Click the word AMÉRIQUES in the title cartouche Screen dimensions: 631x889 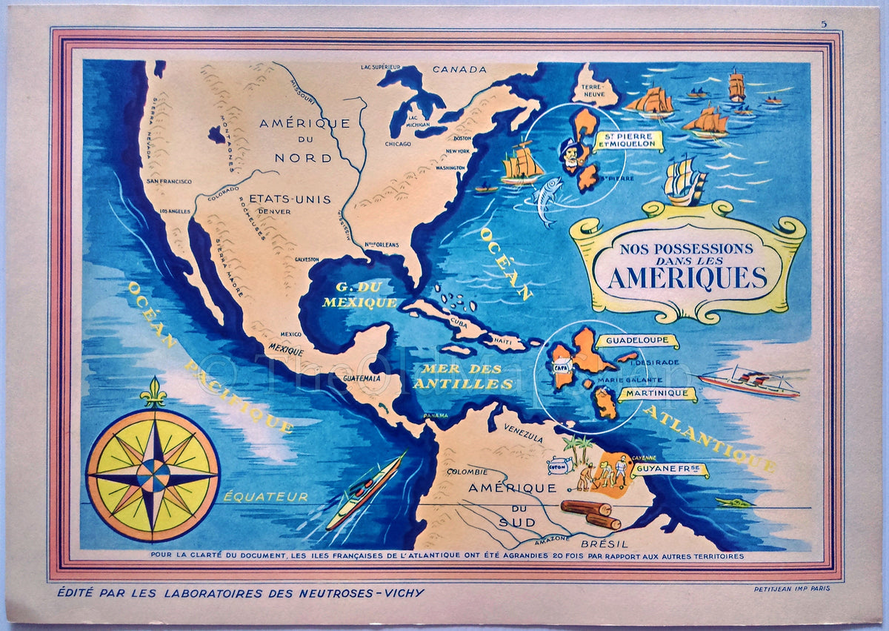click(687, 277)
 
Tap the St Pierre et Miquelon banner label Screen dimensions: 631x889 click(628, 141)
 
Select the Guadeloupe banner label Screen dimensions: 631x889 click(636, 341)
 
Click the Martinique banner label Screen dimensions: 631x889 click(657, 394)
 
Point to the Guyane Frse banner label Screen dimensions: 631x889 click(669, 470)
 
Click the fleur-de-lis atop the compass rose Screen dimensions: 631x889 click(153, 394)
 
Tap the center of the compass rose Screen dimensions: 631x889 click(153, 475)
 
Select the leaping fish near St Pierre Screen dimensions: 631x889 click(546, 199)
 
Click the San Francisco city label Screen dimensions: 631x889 click(169, 181)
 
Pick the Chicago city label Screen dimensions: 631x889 click(398, 145)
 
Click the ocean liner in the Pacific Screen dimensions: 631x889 click(365, 490)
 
